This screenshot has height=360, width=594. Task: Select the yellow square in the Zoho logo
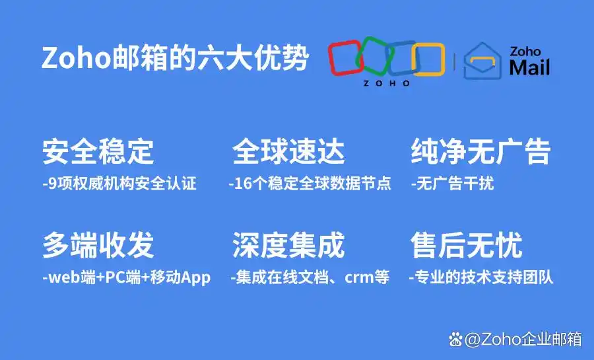(428, 58)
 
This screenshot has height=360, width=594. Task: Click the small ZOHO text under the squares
(386, 84)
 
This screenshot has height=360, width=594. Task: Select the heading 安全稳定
(98, 152)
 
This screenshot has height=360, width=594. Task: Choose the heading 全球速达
(288, 152)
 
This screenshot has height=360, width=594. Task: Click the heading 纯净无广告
(480, 152)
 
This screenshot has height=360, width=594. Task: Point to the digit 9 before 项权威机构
(53, 184)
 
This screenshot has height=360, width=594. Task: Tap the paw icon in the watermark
(455, 340)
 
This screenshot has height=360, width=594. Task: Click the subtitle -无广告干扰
(452, 184)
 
